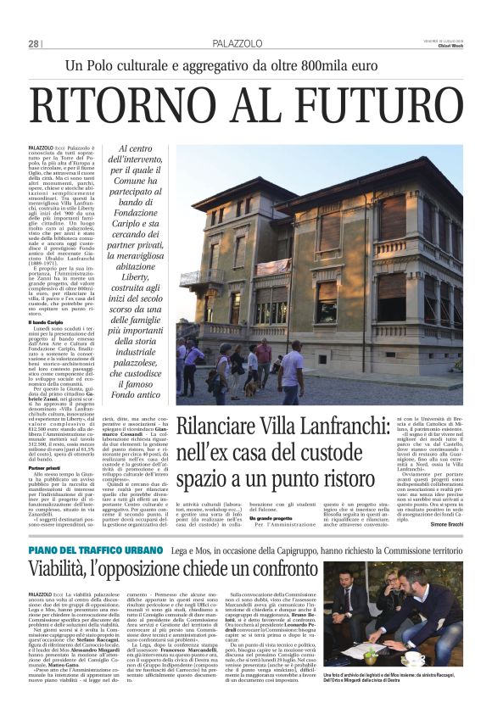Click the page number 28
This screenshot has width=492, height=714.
tap(34, 43)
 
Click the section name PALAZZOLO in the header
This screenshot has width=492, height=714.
tap(236, 43)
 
